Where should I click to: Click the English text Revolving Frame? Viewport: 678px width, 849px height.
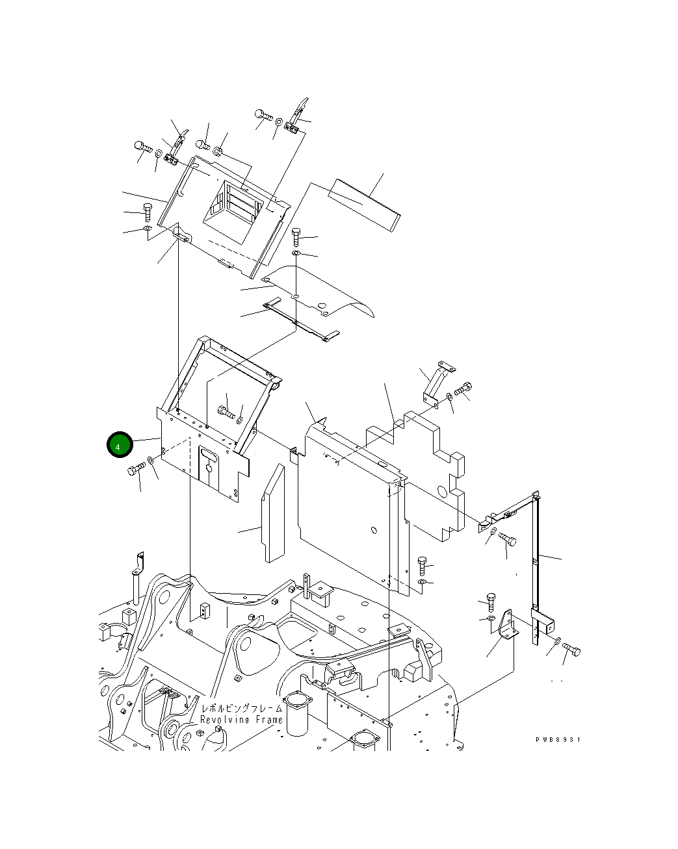click(241, 720)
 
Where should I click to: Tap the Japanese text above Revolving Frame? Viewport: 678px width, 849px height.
click(241, 708)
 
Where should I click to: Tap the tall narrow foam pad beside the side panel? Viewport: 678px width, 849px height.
click(273, 515)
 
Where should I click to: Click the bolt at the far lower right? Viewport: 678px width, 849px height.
click(571, 649)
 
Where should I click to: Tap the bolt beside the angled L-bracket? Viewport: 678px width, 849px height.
click(463, 389)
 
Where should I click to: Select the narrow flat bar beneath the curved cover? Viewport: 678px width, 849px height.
click(299, 320)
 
